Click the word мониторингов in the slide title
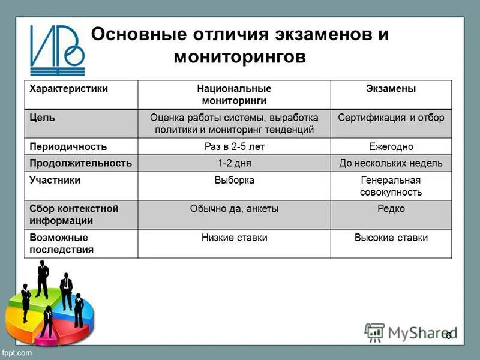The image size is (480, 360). (x=239, y=57)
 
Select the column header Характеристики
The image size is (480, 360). (x=69, y=89)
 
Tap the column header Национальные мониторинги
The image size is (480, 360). (x=234, y=95)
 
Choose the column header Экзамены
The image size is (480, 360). (x=391, y=89)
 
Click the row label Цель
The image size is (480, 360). (x=43, y=118)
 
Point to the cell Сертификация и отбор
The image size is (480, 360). (x=391, y=118)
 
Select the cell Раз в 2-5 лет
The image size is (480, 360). (x=234, y=146)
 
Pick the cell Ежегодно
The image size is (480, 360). (x=391, y=146)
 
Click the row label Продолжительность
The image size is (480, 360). (x=80, y=163)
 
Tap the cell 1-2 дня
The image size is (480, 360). (x=234, y=163)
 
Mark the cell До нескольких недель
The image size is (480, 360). (x=391, y=163)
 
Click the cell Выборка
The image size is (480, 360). (x=234, y=180)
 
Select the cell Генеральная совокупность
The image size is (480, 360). (x=391, y=186)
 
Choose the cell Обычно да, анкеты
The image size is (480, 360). (x=234, y=209)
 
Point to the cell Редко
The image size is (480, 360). (x=391, y=209)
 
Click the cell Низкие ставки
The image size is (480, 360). (x=234, y=238)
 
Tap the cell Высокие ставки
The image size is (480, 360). (x=391, y=238)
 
